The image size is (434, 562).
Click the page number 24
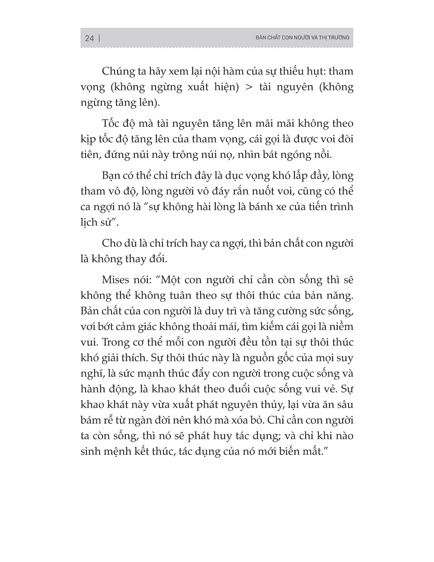89,38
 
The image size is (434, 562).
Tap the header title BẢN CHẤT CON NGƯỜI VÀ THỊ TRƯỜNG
302,38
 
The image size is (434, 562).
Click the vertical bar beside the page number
99,38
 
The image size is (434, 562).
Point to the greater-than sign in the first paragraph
249,87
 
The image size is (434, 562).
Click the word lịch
89,223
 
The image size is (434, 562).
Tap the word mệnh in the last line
118,452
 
